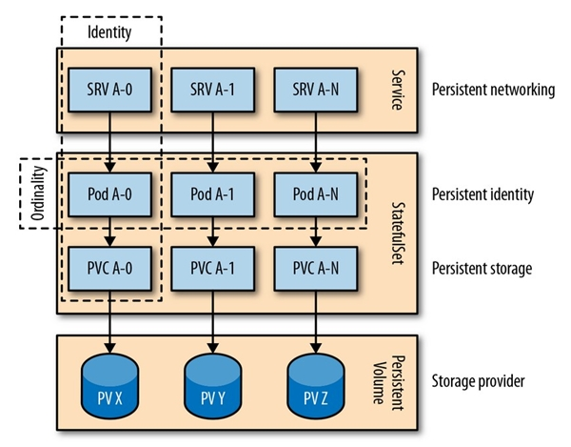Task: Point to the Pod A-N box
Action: point(314,194)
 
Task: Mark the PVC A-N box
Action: point(314,266)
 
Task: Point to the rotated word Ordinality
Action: point(35,193)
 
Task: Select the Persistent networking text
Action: point(493,91)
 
